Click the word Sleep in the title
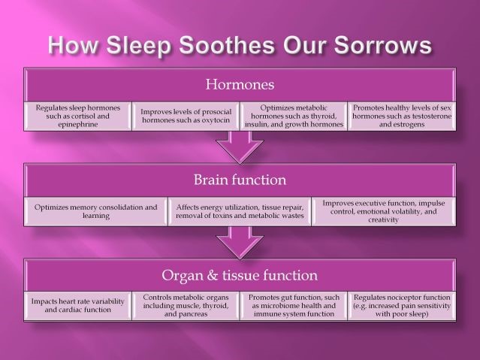tap(138, 45)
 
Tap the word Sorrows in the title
tap(382, 45)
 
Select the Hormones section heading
tap(240, 84)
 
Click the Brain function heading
tap(240, 180)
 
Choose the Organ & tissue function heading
tap(240, 275)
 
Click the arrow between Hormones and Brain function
tap(240, 147)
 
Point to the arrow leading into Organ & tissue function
tap(240, 243)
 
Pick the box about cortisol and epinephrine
tap(78, 116)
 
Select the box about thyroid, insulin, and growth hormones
tap(294, 116)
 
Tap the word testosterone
tap(432, 116)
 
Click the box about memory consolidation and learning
tap(96, 211)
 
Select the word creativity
tap(383, 219)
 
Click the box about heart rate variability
tap(78, 306)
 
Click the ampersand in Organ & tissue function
tap(213, 275)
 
